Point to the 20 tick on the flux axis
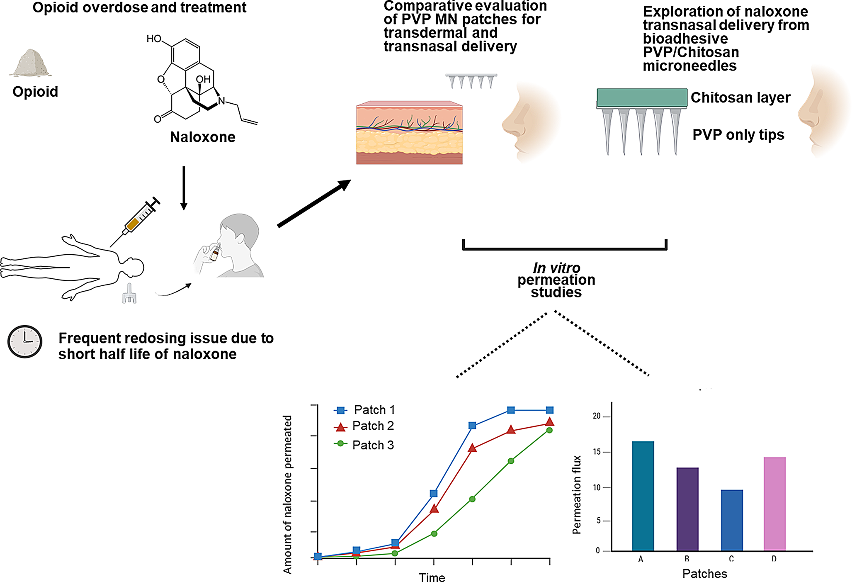[597, 416]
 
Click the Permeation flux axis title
[577, 494]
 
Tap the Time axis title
[432, 577]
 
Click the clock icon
[25, 341]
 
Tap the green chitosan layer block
[641, 97]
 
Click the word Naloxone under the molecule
[202, 137]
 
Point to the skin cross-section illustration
[409, 133]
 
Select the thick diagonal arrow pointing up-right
[314, 204]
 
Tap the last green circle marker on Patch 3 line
[549, 430]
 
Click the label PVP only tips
[738, 135]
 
